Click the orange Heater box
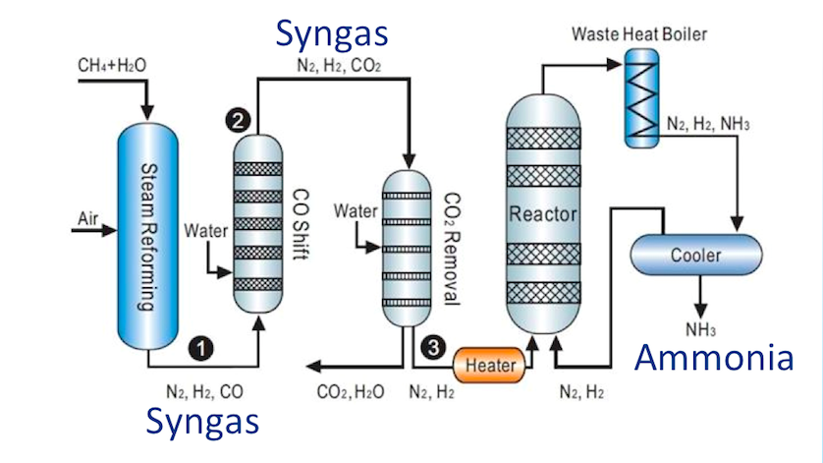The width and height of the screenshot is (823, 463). [x=490, y=366]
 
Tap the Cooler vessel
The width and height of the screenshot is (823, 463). [x=695, y=255]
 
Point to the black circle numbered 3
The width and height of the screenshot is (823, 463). [x=432, y=347]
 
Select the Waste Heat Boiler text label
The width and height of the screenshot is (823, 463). [x=638, y=35]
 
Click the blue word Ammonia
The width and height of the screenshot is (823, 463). [x=714, y=358]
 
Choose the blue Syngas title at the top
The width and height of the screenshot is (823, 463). [x=332, y=32]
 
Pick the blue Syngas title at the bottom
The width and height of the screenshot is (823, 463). [x=203, y=420]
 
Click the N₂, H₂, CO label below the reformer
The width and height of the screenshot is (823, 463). [x=204, y=392]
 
